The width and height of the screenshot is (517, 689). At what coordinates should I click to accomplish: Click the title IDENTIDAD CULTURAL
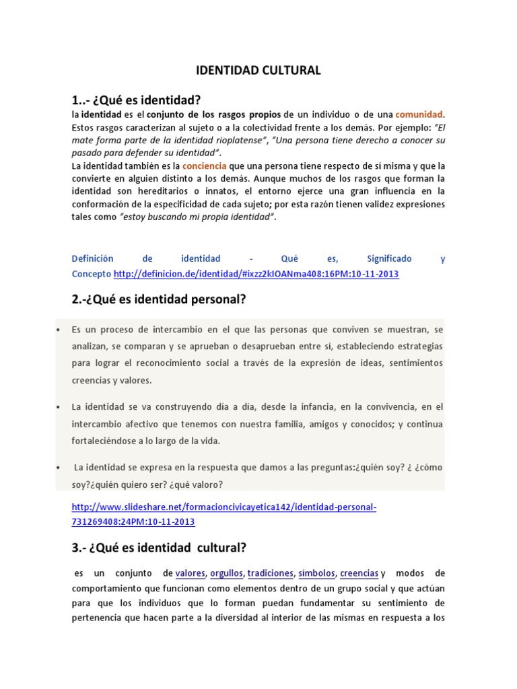258,70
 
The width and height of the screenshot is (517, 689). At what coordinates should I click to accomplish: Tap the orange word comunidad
419,114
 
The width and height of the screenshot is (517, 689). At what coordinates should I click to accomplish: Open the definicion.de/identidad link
256,274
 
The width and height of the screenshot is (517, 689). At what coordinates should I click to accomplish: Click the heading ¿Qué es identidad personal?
159,300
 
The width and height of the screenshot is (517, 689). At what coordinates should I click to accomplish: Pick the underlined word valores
189,573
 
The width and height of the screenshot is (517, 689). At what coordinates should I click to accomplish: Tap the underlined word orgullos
226,573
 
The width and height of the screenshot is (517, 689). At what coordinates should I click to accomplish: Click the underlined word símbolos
316,573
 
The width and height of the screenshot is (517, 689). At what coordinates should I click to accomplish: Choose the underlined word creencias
359,573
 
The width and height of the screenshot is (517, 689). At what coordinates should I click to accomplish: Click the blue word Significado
389,258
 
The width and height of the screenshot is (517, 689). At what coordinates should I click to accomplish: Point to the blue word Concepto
92,274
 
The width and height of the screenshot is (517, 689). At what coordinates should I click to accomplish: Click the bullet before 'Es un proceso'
59,330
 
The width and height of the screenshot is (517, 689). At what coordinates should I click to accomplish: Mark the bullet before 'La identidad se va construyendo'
59,407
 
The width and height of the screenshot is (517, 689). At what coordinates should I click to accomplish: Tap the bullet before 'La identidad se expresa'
59,467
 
